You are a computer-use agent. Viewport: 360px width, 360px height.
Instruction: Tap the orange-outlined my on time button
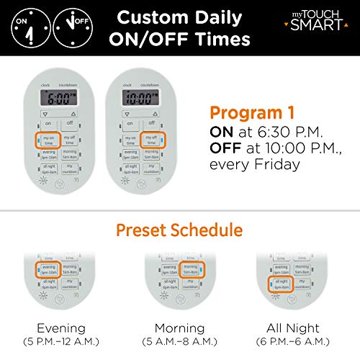click(48, 140)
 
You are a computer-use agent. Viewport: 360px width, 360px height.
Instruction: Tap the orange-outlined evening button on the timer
click(48, 270)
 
